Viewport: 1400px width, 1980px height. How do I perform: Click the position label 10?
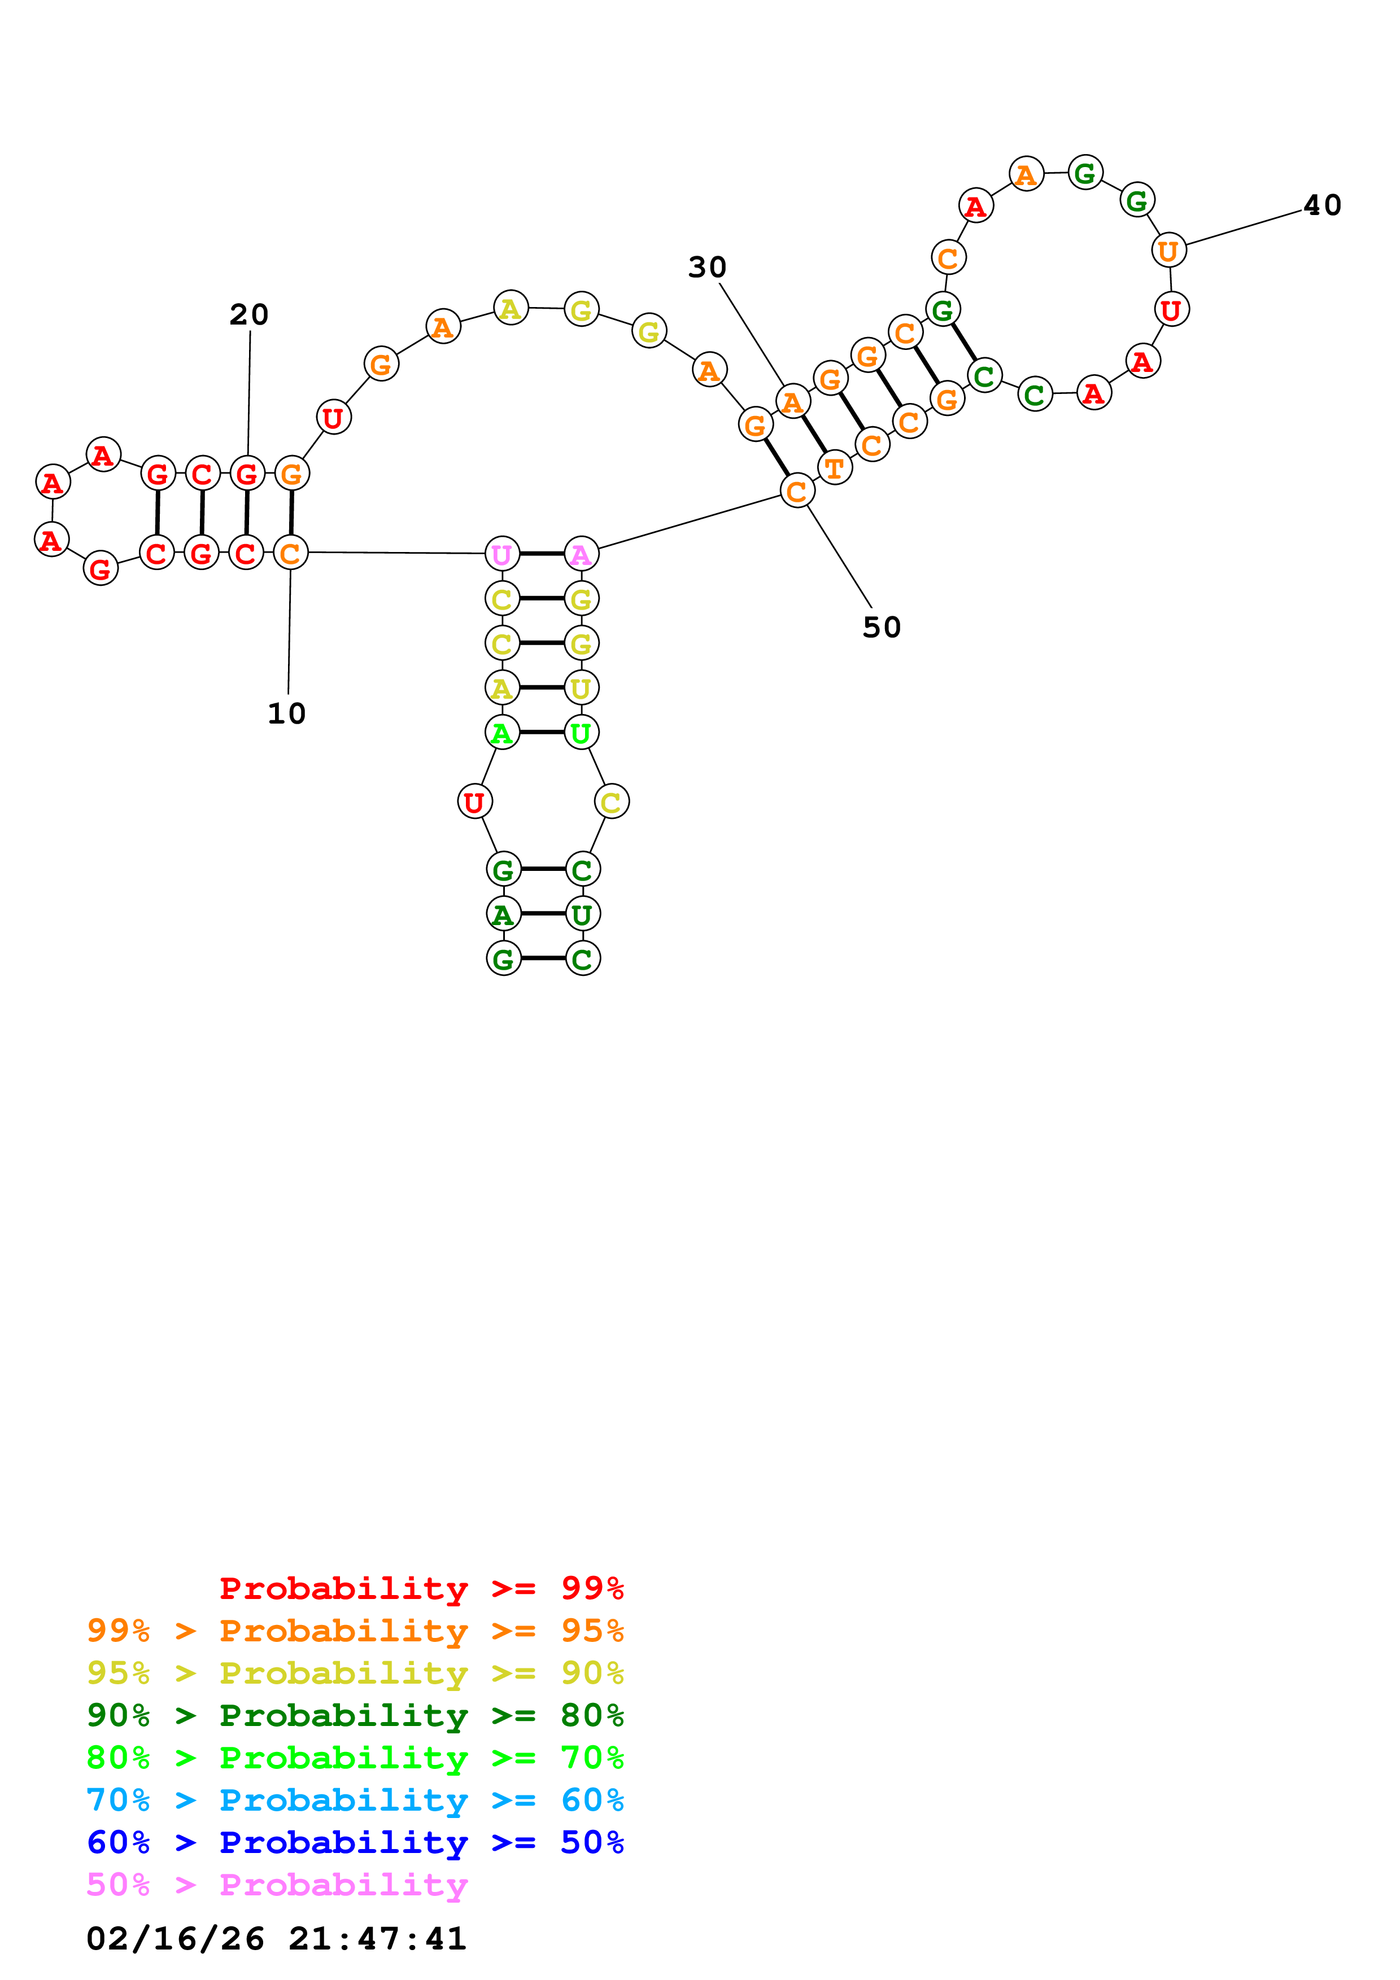click(x=286, y=714)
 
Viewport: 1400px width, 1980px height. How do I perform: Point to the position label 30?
click(x=706, y=268)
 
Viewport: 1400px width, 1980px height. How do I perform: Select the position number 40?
click(x=1322, y=205)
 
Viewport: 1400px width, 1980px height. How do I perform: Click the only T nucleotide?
click(x=834, y=468)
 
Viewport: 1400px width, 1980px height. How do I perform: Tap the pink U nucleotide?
click(x=502, y=554)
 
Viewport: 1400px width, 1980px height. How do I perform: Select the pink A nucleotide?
click(x=581, y=554)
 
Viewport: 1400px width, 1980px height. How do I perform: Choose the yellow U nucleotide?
click(x=581, y=688)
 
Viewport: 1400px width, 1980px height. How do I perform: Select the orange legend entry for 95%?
click(x=355, y=1631)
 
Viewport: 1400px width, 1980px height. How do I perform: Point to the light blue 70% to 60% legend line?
click(x=355, y=1800)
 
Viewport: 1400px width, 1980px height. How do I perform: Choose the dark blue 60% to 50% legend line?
click(x=355, y=1842)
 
